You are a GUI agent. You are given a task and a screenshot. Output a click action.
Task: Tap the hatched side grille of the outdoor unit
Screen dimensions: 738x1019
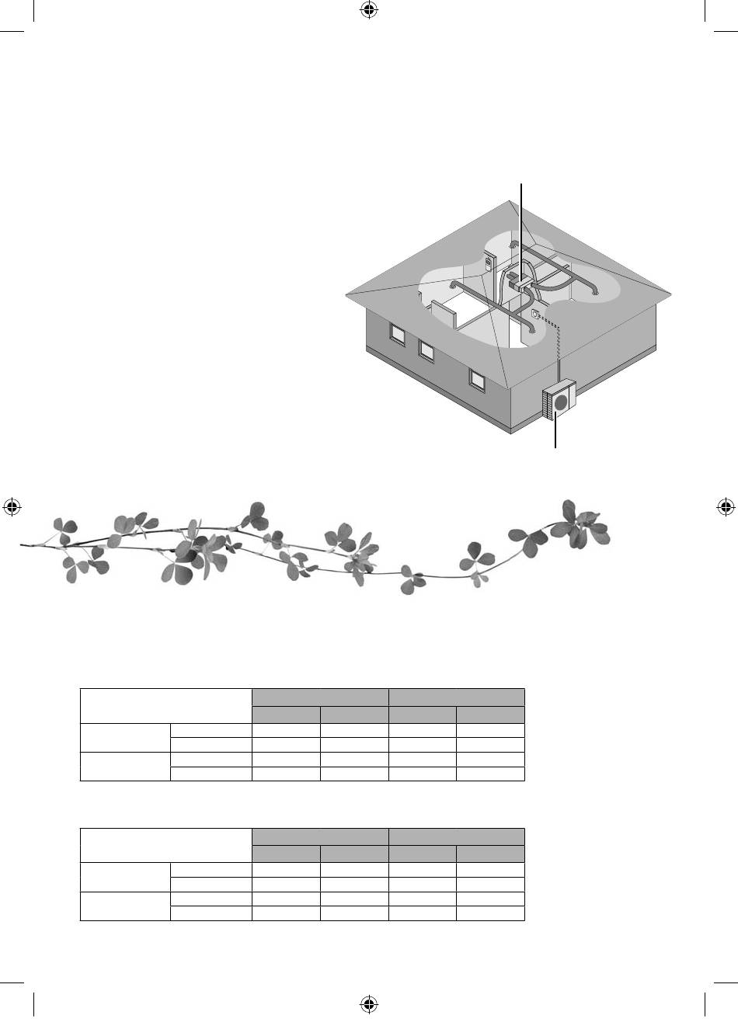pos(547,404)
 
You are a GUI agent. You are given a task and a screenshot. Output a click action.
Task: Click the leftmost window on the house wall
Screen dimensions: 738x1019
pos(397,335)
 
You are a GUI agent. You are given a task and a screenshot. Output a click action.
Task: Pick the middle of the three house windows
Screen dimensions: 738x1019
pos(426,350)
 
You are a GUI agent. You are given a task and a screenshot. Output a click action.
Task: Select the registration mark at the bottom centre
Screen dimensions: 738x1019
pos(369,1006)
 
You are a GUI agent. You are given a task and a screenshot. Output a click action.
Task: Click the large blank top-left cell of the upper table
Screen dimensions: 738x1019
pos(166,705)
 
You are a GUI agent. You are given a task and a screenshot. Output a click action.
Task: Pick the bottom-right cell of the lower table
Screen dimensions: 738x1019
pos(490,913)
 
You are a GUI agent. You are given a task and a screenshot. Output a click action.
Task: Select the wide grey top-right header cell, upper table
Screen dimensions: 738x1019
pos(456,696)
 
